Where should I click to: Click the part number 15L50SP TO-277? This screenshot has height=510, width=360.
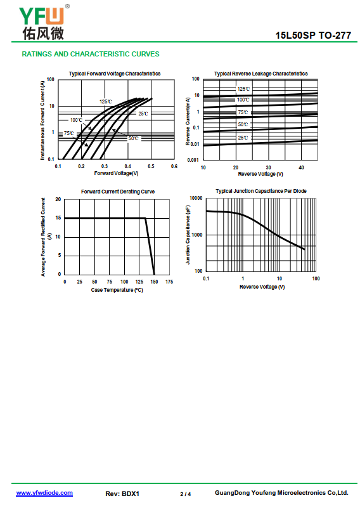pyautogui.click(x=313, y=35)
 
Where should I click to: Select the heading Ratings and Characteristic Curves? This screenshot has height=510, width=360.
pyautogui.click(x=91, y=54)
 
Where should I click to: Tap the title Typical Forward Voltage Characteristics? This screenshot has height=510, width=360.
pyautogui.click(x=114, y=74)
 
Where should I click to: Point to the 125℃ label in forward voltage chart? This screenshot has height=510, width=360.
pyautogui.click(x=106, y=101)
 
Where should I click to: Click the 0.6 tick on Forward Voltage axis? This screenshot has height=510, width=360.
pyautogui.click(x=174, y=166)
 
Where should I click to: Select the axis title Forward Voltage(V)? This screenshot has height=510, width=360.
pyautogui.click(x=116, y=173)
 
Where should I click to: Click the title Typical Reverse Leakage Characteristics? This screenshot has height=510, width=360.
pyautogui.click(x=260, y=74)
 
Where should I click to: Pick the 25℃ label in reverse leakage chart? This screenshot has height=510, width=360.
pyautogui.click(x=243, y=138)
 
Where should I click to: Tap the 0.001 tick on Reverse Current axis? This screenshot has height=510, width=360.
pyautogui.click(x=193, y=160)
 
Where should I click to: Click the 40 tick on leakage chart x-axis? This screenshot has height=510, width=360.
pyautogui.click(x=301, y=167)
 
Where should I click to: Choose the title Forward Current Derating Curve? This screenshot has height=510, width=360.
pyautogui.click(x=118, y=192)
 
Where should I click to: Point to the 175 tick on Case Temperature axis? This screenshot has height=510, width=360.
pyautogui.click(x=169, y=282)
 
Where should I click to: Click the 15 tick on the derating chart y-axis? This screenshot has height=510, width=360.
pyautogui.click(x=58, y=218)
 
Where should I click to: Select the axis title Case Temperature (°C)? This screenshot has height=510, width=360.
pyautogui.click(x=117, y=290)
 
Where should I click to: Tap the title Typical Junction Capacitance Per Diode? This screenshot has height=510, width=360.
pyautogui.click(x=261, y=191)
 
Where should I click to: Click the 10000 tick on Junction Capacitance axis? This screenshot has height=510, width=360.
pyautogui.click(x=196, y=198)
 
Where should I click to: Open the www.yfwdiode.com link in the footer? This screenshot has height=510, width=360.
pyautogui.click(x=44, y=493)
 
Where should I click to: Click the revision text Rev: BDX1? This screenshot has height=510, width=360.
pyautogui.click(x=122, y=494)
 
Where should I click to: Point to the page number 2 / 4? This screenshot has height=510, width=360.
pyautogui.click(x=186, y=494)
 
